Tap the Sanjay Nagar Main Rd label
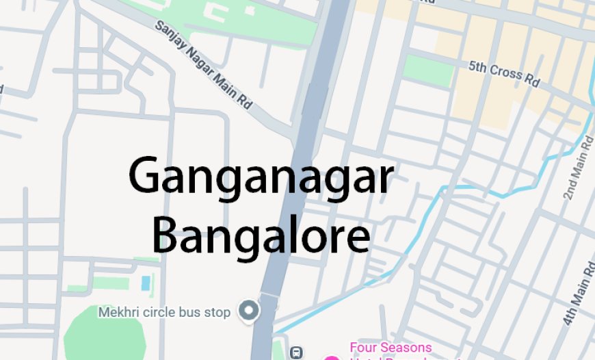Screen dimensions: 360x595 (x=204, y=64)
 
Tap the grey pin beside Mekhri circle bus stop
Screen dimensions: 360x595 (x=249, y=311)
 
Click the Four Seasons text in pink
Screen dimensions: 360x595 (x=391, y=348)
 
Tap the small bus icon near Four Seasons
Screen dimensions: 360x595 (x=295, y=352)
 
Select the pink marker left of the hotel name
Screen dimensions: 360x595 (x=332, y=357)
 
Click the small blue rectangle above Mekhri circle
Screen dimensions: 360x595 (x=145, y=282)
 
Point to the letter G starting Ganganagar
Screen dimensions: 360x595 (x=146, y=177)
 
